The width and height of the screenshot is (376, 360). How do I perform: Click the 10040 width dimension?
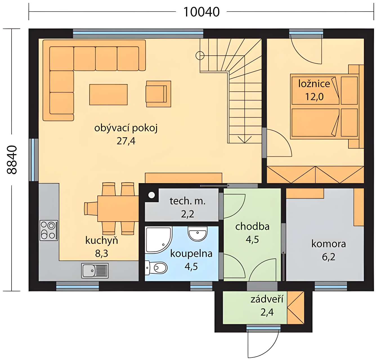pyautogui.click(x=201, y=12)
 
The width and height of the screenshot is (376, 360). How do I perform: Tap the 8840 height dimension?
pyautogui.click(x=12, y=160)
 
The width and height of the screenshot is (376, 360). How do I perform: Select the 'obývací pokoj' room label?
pyautogui.click(x=126, y=128)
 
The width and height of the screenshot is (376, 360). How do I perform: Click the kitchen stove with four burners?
pyautogui.click(x=49, y=230)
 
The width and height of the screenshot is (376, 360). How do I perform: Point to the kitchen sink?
pyautogui.click(x=95, y=271)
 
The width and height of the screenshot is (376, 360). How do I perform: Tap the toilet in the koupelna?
pyautogui.click(x=156, y=268)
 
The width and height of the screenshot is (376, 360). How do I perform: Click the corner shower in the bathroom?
pyautogui.click(x=158, y=240)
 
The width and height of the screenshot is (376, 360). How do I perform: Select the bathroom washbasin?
pyautogui.click(x=198, y=234)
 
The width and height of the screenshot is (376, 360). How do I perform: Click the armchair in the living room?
pyautogui.click(x=158, y=94)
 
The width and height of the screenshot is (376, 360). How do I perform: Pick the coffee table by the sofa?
pyautogui.click(x=108, y=94)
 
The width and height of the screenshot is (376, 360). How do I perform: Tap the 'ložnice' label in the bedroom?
pyautogui.click(x=314, y=84)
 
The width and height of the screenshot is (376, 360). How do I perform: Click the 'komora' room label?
pyautogui.click(x=328, y=244)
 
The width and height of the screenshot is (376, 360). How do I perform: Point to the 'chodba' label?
pyautogui.click(x=252, y=226)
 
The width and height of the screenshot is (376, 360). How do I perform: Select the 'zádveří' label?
pyautogui.click(x=267, y=300)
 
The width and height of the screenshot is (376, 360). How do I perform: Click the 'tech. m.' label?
pyautogui.click(x=187, y=201)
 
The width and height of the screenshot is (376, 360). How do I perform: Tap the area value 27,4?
pyautogui.click(x=126, y=141)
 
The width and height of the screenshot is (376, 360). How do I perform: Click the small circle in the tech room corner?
pyautogui.click(x=152, y=195)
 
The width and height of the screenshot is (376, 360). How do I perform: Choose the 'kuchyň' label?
pyautogui.click(x=102, y=241)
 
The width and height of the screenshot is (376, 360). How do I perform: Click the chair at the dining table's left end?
pyautogui.click(x=91, y=209)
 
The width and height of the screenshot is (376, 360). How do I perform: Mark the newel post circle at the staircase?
pyautogui.click(x=200, y=56)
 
